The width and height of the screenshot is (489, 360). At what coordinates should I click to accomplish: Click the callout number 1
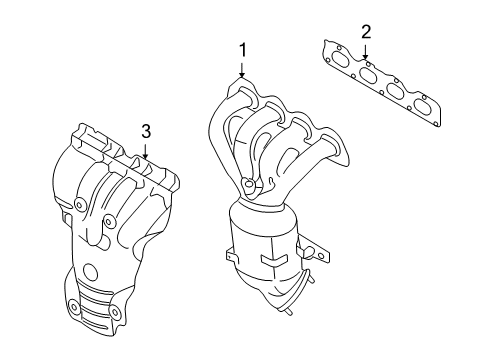240,49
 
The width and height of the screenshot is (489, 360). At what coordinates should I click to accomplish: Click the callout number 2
366,31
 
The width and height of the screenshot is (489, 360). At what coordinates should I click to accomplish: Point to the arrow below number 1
240,70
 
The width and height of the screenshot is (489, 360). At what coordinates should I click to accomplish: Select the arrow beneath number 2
366,52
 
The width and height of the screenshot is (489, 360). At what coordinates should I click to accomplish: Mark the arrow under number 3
145,152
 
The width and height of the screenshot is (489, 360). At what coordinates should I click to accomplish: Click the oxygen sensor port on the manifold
246,184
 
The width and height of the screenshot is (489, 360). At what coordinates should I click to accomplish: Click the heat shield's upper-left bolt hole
79,204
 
